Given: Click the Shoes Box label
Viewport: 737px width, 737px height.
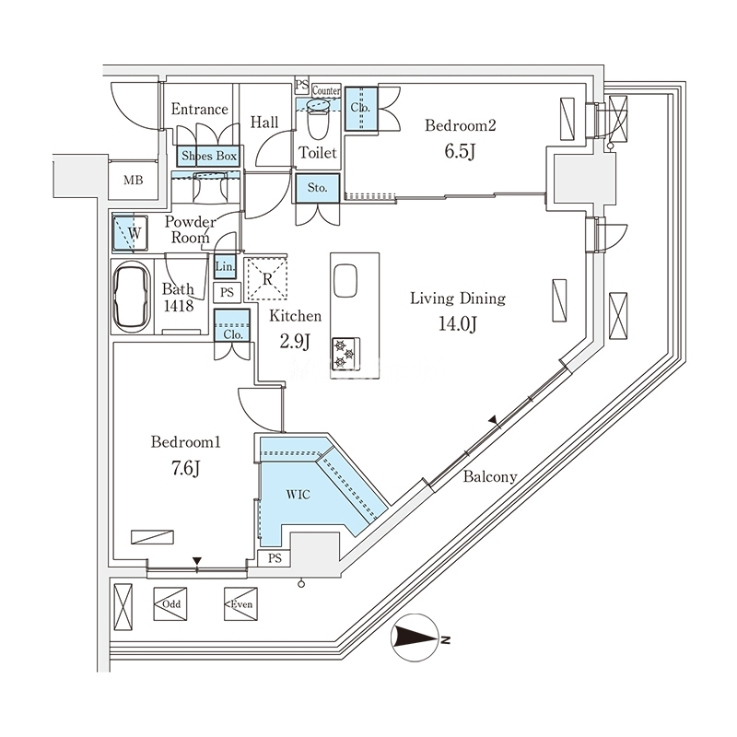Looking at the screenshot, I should [210, 158].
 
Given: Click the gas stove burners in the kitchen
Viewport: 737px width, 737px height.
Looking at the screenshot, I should [348, 351].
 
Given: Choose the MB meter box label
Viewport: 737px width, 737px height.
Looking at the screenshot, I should [134, 180].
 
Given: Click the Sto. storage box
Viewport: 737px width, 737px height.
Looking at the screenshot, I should [318, 187].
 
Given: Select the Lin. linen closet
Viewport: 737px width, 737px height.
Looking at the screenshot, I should [226, 267].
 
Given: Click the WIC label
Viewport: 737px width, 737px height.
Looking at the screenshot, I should [298, 495].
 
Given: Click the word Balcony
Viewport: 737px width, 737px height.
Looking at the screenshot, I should [489, 477].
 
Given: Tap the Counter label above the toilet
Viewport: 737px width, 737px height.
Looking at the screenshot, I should [326, 90].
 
